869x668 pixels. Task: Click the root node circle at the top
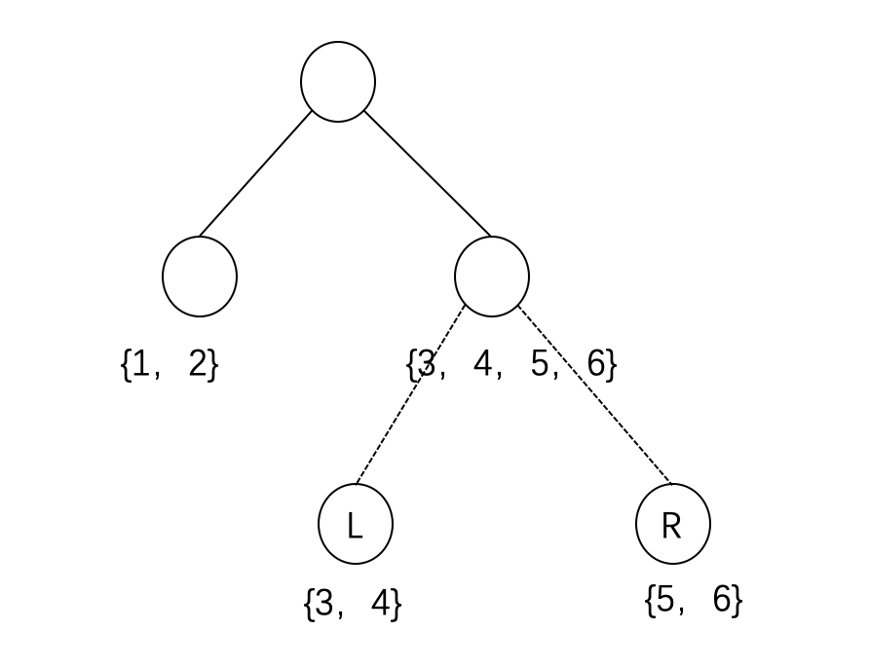(x=338, y=82)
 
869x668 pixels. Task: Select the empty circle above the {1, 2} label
(x=200, y=277)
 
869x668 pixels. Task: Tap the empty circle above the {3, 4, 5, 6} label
(x=492, y=277)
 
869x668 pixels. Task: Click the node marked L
(x=356, y=524)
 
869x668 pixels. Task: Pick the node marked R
(x=673, y=524)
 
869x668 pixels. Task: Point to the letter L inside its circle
(x=355, y=526)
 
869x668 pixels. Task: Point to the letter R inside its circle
(x=671, y=526)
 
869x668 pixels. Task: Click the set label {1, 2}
(x=170, y=365)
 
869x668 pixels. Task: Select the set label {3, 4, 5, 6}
(x=512, y=365)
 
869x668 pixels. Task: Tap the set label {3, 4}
(x=353, y=604)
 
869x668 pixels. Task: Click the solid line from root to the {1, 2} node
(x=256, y=173)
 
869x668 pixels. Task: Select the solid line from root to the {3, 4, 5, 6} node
(x=427, y=173)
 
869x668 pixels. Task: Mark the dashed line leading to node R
(x=594, y=394)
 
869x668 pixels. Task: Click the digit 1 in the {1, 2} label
(x=141, y=365)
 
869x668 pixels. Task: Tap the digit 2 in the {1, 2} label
(x=199, y=365)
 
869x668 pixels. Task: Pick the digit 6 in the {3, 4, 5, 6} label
(x=597, y=365)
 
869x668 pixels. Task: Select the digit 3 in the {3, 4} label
(x=325, y=604)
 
